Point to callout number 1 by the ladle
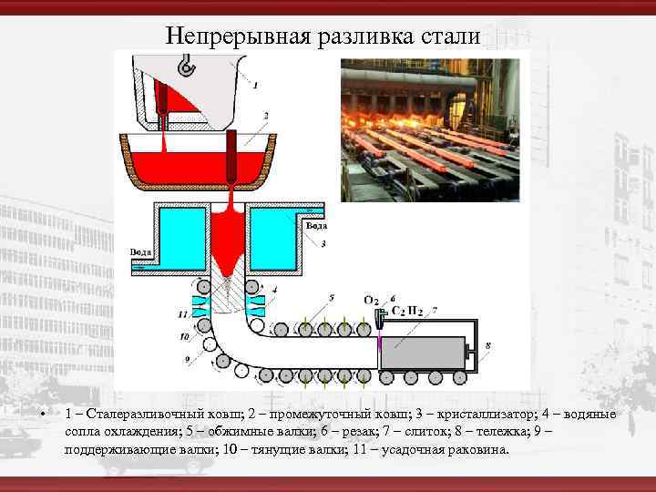point(255,85)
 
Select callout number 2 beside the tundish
point(265,116)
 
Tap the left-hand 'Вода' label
point(141,251)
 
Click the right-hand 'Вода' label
point(316,225)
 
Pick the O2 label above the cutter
point(372,300)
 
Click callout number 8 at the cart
point(488,345)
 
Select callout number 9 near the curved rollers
point(187,360)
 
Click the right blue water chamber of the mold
point(272,233)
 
